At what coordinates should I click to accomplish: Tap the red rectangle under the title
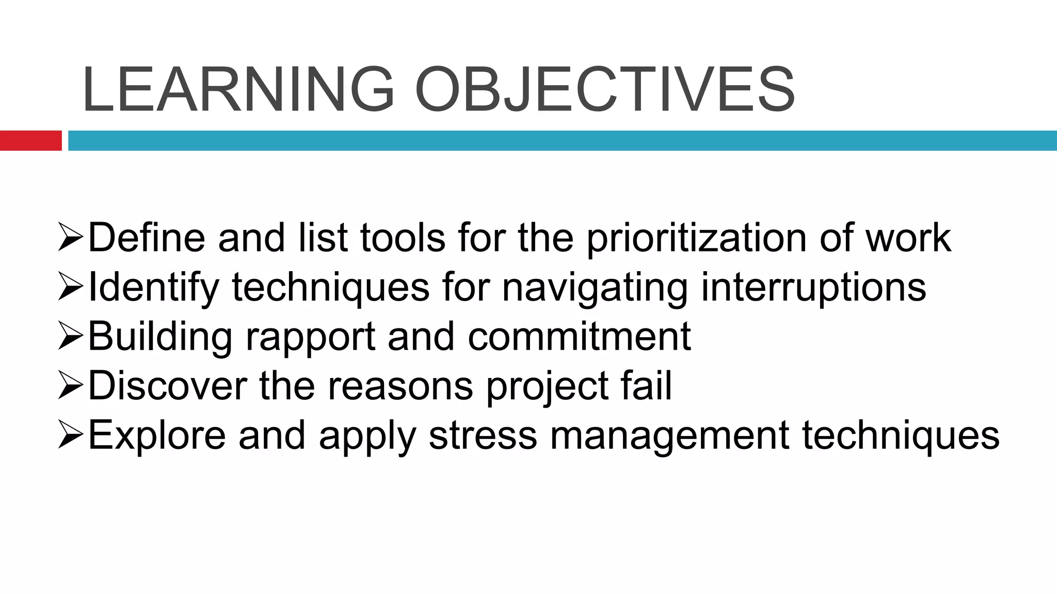coord(30,140)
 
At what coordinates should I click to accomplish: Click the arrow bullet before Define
coord(71,238)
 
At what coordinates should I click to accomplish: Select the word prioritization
coord(696,239)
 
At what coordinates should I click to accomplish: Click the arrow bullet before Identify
coord(71,287)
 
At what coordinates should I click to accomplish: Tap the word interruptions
coord(813,288)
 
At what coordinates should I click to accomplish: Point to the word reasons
coord(400,386)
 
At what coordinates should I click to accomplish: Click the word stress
coord(483,435)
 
